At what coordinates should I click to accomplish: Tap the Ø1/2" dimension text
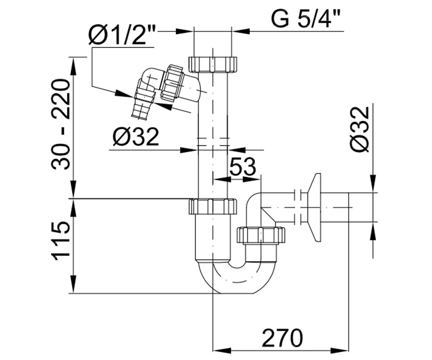tap(122, 36)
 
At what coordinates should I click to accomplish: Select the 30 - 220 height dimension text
tap(60, 125)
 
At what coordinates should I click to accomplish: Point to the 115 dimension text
tap(60, 240)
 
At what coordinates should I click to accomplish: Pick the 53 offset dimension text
tap(243, 167)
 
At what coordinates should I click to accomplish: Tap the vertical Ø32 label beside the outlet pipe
tap(360, 130)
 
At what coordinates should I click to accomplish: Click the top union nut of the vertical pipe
tap(213, 64)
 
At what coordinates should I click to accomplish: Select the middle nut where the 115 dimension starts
tap(213, 207)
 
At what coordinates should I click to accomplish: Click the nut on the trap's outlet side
tap(261, 235)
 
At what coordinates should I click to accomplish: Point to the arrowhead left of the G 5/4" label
tap(241, 31)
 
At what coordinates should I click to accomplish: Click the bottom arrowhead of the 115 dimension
tap(73, 284)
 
